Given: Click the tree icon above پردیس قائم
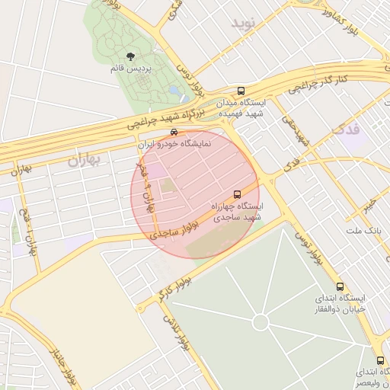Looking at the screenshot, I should [x=130, y=56].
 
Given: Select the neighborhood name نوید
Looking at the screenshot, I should [x=248, y=31].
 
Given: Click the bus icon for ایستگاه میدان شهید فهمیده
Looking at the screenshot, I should [x=241, y=89].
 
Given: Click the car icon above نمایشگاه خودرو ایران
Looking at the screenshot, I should [x=174, y=131].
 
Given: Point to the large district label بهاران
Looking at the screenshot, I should [x=84, y=159].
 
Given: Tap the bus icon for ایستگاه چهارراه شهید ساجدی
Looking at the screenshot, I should [x=237, y=194].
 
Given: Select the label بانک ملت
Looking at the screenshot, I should [x=363, y=230].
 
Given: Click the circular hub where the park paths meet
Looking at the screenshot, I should [x=261, y=323].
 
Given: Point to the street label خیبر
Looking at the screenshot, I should [x=369, y=204].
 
